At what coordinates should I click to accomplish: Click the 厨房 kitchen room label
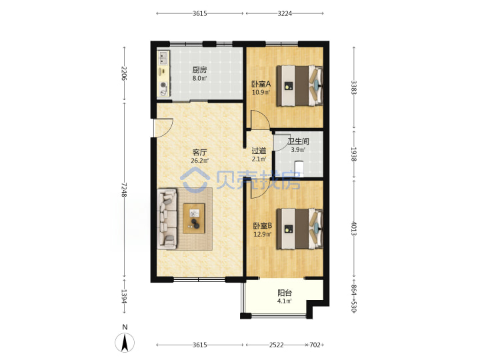coord(199,70)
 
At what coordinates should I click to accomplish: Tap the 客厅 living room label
coord(199,152)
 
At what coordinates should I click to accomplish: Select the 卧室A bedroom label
coord(261,84)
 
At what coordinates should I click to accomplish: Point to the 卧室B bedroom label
coord(263,226)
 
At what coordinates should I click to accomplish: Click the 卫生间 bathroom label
coord(298,141)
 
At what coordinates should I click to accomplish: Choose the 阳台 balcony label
coord(285,293)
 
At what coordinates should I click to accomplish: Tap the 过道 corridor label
coord(259,151)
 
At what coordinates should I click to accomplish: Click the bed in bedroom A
coord(300,86)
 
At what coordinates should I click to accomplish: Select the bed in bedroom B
coord(300,229)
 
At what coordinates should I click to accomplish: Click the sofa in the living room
coord(167,219)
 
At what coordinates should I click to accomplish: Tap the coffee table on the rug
coord(194,218)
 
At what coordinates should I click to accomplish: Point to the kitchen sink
coord(163,58)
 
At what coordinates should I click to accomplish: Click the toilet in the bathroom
coord(299,169)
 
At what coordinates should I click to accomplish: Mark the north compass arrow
coord(125,342)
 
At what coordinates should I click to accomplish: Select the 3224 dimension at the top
coord(285,13)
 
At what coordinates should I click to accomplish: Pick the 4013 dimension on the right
coord(354,229)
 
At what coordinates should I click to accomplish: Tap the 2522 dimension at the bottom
coord(277,345)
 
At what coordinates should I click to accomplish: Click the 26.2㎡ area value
coord(199,161)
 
